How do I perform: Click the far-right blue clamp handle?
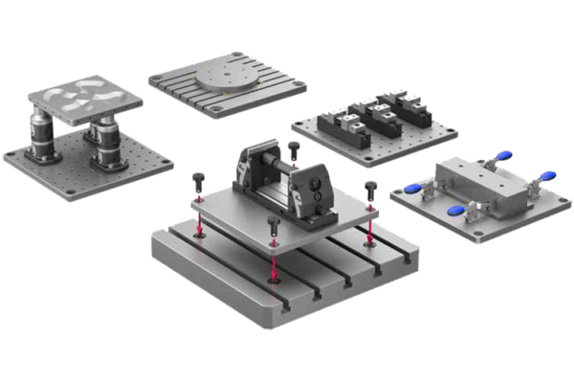coord(548,176)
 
